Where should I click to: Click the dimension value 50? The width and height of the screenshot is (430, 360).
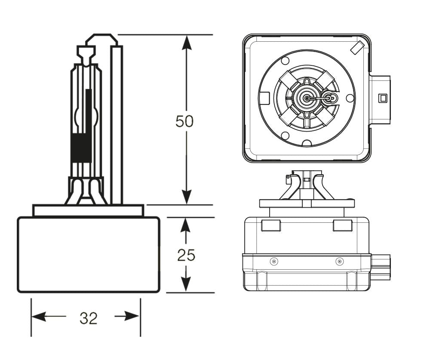[x=184, y=122]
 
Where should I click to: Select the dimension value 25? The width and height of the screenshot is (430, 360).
[x=186, y=255]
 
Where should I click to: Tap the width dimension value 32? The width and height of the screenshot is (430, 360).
[x=89, y=318]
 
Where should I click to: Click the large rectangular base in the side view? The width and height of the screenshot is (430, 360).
[x=89, y=255]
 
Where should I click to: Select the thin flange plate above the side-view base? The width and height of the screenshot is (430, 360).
[x=88, y=211]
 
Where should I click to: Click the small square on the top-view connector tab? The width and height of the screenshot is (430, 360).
[x=381, y=98]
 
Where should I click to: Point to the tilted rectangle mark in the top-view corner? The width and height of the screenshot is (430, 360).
[x=357, y=48]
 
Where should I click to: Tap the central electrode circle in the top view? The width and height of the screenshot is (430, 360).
[x=306, y=98]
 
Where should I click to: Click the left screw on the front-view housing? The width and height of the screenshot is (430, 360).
[x=273, y=262]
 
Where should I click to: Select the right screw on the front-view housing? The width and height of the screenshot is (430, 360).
[x=339, y=262]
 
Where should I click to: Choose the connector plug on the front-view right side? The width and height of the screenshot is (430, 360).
[x=381, y=267]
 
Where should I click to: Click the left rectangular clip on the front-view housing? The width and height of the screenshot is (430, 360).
[x=271, y=225]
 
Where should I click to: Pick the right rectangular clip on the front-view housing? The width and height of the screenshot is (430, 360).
[x=342, y=225]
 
